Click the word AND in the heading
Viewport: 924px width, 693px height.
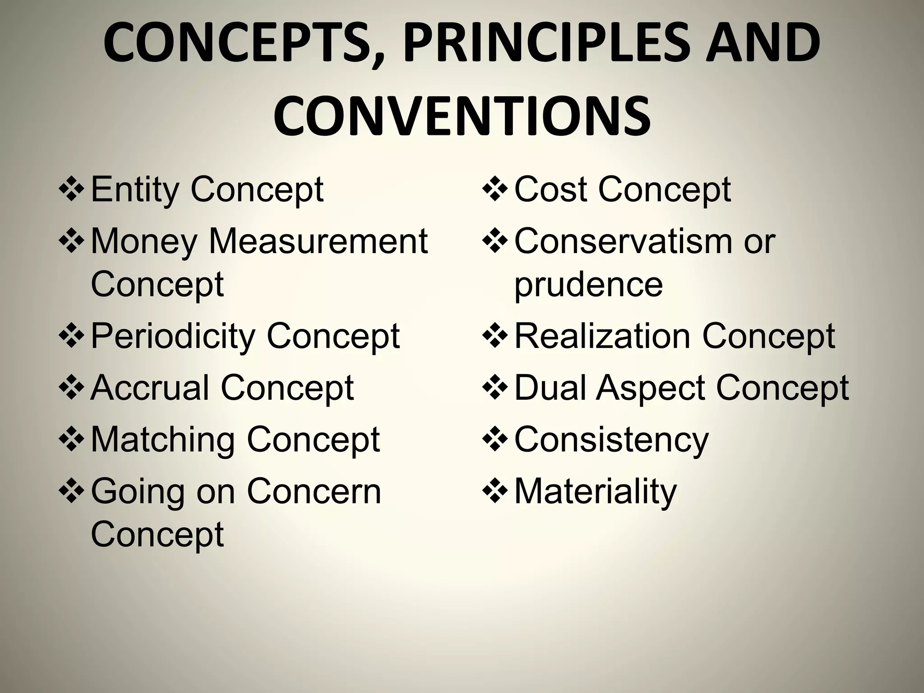pos(763,44)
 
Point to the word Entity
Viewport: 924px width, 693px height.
pos(135,189)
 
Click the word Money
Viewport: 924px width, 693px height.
pos(144,241)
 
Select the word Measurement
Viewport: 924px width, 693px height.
pos(318,241)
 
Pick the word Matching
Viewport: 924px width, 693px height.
pos(163,440)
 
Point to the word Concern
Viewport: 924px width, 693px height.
pos(314,492)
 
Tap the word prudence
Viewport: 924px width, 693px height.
pos(588,285)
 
